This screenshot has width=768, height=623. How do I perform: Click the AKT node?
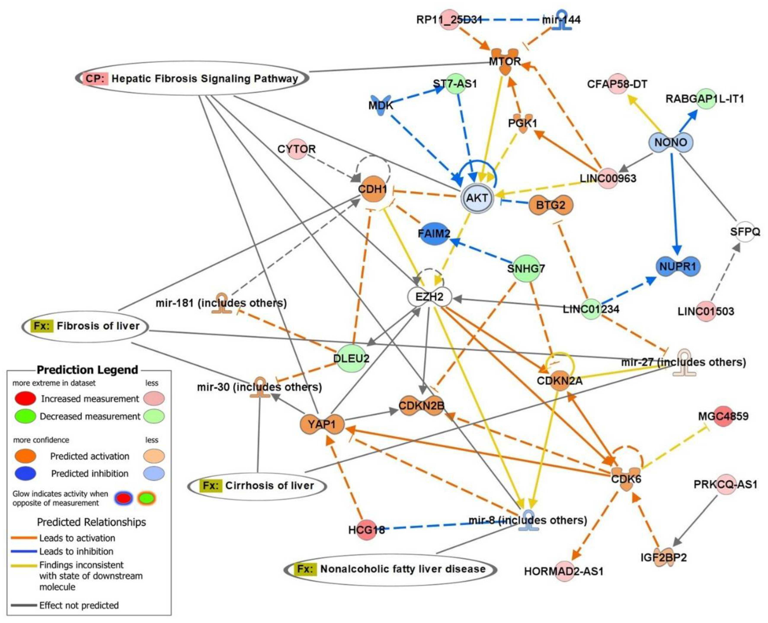pos(477,198)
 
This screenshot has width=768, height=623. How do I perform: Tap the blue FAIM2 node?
pos(434,234)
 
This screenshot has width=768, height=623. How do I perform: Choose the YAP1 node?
pos(322,424)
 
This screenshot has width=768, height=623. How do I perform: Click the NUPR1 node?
pos(677,266)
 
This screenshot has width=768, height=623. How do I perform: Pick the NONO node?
pos(671,142)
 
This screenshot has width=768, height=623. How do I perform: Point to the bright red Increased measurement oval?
pos(25,398)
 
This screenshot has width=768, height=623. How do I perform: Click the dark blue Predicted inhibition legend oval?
pos(25,473)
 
